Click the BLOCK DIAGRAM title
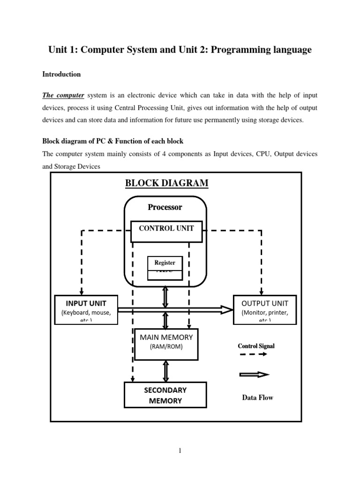point(166,183)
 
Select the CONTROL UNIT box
point(166,229)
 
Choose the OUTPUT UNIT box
point(265,309)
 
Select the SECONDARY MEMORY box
point(165,395)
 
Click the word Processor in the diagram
point(165,207)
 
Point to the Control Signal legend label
point(256,346)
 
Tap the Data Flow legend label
point(257,397)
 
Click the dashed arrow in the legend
point(254,354)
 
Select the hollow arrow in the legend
point(255,374)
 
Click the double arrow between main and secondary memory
point(165,371)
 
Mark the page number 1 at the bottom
point(180,451)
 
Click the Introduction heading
point(61,74)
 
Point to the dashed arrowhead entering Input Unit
point(82,292)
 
